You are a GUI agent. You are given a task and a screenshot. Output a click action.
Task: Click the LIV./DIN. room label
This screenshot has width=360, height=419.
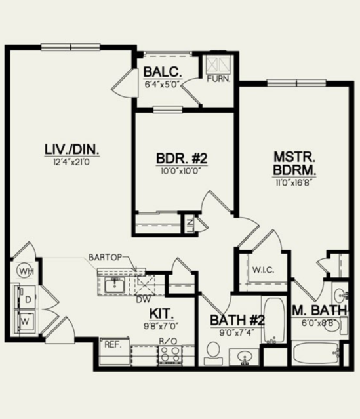coord(72,150)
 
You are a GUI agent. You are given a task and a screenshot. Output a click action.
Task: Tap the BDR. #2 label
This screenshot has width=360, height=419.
coord(182,159)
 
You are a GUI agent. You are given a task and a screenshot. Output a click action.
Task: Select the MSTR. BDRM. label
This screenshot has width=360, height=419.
coord(294,163)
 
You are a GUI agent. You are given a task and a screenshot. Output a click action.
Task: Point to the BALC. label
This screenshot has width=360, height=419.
coord(163,72)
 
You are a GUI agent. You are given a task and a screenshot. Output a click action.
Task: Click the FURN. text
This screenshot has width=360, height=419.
coord(218,79)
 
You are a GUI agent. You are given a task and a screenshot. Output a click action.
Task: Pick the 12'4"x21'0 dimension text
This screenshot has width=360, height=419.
coord(71,162)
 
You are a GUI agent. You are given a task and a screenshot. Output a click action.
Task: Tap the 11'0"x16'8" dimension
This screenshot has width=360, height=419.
coord(294,182)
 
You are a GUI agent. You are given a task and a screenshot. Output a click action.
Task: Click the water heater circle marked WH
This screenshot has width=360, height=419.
coord(26,271)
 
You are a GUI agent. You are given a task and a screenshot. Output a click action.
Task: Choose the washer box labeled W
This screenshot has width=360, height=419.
coord(26,321)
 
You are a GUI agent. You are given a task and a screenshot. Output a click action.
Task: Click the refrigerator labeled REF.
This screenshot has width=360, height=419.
coord(114,351)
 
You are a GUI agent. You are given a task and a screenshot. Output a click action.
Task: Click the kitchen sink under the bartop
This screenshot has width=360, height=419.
coord(115,285)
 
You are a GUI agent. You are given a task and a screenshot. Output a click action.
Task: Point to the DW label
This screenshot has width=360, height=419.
coord(144,300)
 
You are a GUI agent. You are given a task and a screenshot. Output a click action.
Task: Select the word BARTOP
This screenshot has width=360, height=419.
coord(106,257)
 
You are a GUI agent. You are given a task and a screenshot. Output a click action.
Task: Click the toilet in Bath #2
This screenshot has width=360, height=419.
coord(213,353)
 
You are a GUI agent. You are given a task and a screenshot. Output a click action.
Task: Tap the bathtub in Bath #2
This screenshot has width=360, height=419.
coord(274,319)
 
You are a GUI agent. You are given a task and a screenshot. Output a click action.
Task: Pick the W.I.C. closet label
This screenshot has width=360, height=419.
coord(263,270)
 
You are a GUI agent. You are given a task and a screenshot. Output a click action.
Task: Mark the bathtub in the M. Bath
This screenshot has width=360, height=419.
coord(315,353)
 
